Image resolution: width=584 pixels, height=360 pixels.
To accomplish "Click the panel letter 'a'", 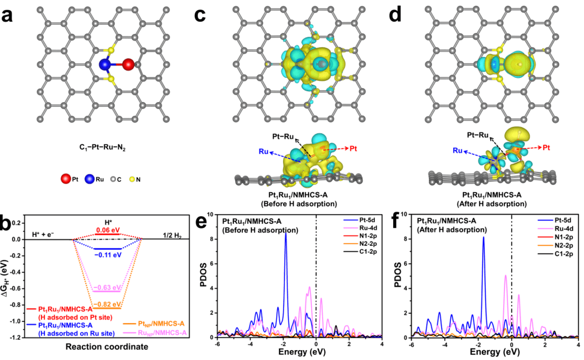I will (x=13, y=14).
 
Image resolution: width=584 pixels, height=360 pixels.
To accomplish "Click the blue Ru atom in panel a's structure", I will (x=106, y=65).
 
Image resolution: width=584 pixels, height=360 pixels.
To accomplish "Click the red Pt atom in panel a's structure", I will (x=128, y=64).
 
